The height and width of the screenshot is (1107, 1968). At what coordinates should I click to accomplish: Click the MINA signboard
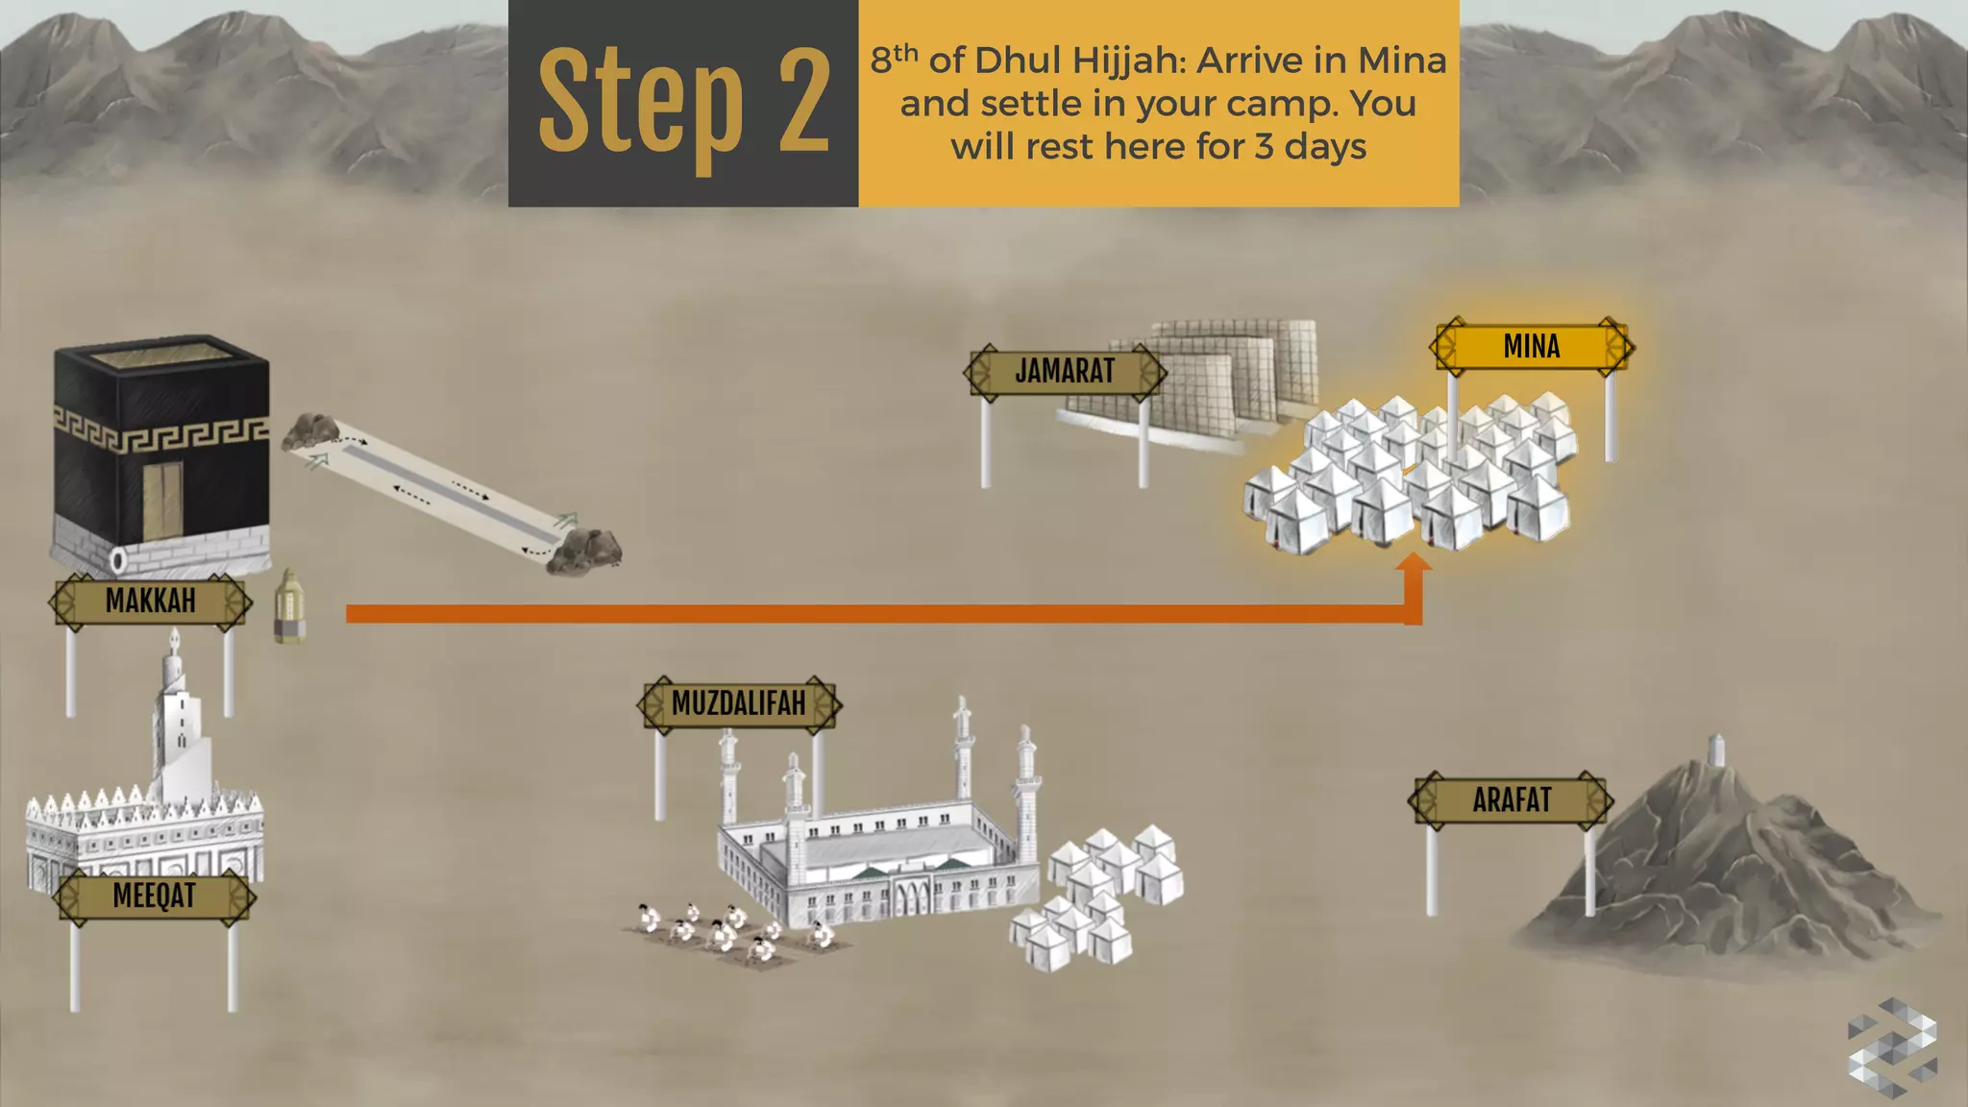tap(1532, 347)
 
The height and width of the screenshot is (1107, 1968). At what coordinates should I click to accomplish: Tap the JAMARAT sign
tap(1065, 372)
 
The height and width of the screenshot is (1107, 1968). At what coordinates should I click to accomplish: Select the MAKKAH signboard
tap(151, 602)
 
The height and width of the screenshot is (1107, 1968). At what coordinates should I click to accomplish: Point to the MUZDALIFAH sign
tap(738, 704)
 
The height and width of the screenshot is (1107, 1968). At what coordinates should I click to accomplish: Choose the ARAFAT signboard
tap(1512, 800)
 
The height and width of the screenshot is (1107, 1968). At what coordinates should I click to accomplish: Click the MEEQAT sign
tap(154, 897)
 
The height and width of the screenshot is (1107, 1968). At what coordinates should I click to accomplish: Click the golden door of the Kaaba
tap(163, 501)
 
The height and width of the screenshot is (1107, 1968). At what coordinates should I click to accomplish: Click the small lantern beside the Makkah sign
tap(290, 605)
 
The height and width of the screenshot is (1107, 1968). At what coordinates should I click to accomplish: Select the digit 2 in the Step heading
tap(803, 102)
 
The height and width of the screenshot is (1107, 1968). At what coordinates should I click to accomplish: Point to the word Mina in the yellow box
tap(1402, 61)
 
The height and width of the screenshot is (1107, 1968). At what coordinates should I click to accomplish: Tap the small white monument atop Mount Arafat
tap(1717, 750)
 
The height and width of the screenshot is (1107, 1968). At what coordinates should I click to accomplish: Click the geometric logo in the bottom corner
tap(1892, 1046)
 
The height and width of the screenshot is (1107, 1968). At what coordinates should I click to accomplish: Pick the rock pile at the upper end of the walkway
tap(309, 431)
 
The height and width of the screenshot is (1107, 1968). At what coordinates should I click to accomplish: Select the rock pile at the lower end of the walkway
tap(584, 552)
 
